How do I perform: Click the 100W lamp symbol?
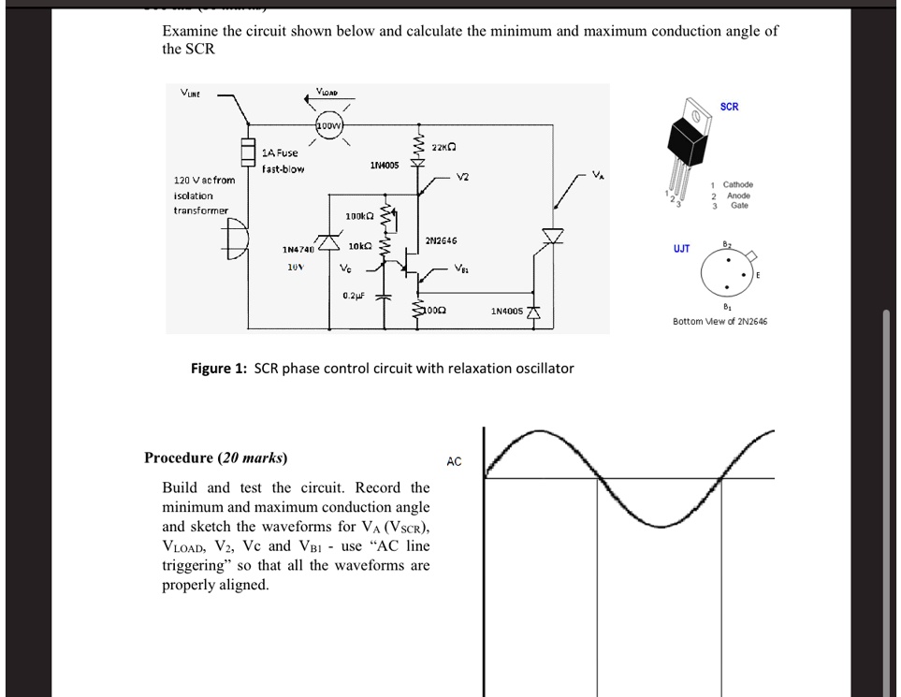coord(329,126)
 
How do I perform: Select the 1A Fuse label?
coord(280,152)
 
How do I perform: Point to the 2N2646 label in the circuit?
coord(440,240)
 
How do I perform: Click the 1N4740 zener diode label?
coord(299,250)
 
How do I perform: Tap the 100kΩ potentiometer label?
coord(360,216)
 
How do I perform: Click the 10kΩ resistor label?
coord(360,246)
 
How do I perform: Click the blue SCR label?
coord(730,107)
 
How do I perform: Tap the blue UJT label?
coord(681,249)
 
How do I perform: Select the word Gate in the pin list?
coord(739,206)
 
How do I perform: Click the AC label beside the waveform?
coord(454,462)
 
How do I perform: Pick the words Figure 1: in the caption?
coord(220,368)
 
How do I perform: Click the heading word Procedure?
coord(179,457)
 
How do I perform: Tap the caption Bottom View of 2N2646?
coord(719,322)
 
